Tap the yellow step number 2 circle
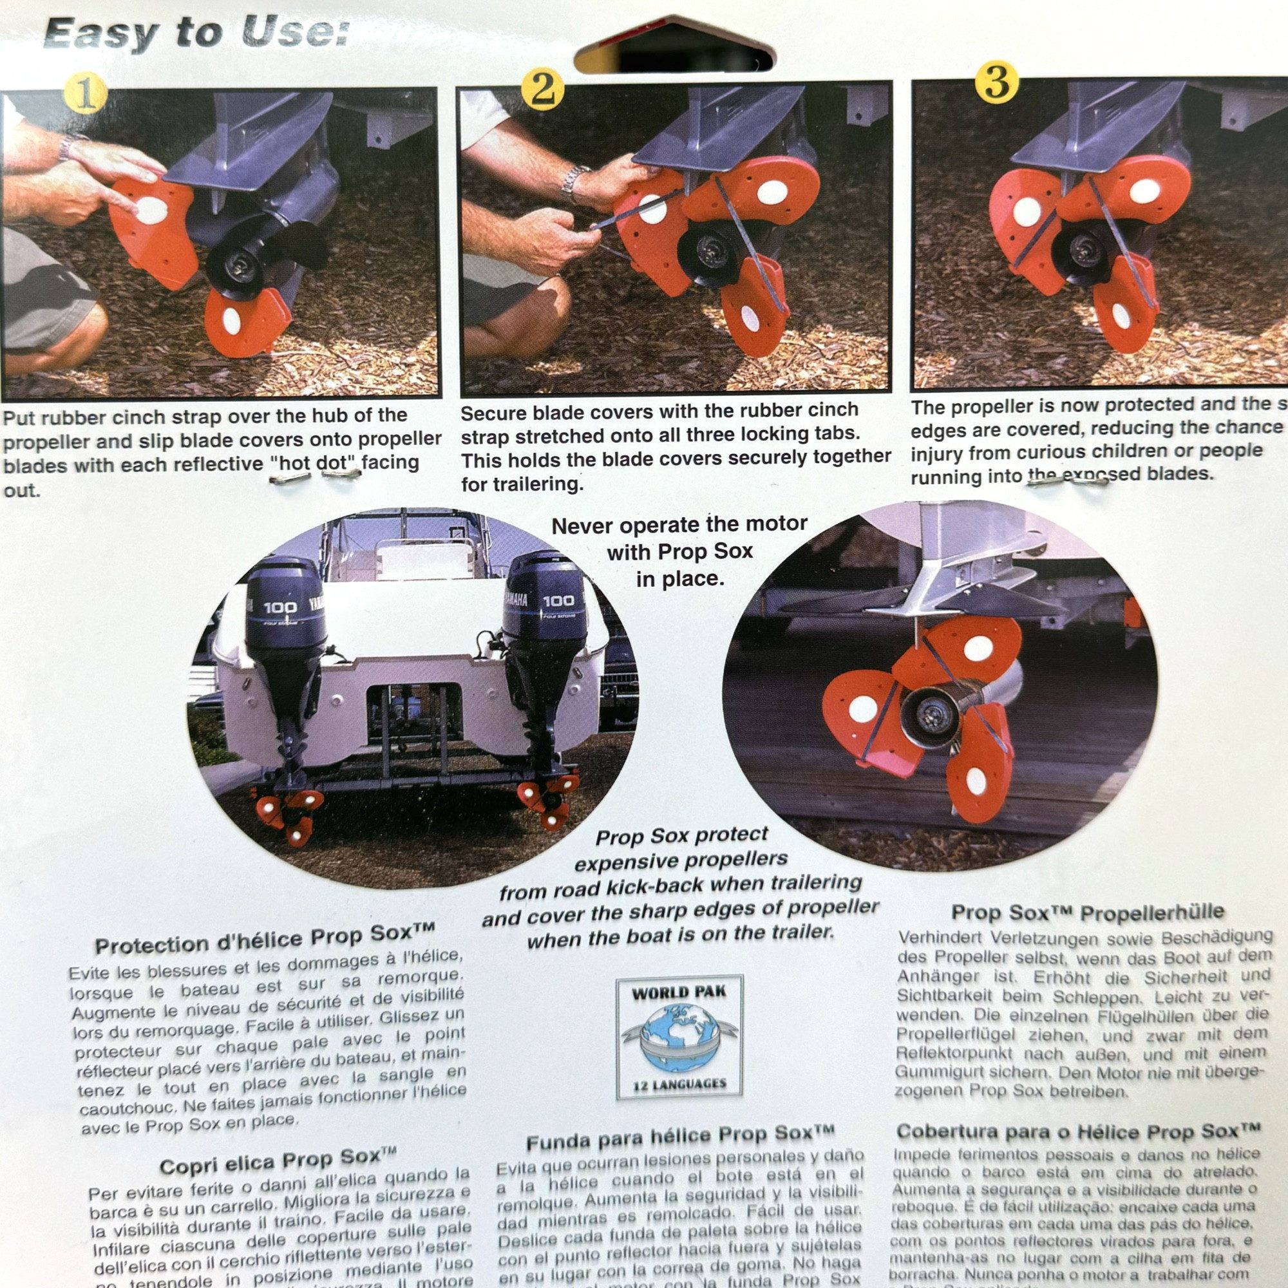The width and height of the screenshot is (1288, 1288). [542, 89]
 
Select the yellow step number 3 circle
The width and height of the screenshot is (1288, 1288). [997, 83]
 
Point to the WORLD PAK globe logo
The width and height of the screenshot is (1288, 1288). [679, 1038]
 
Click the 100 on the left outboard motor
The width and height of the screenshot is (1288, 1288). [280, 607]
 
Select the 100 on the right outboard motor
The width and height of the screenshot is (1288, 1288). [557, 601]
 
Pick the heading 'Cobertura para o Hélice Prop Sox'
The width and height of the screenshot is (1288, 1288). [1078, 1132]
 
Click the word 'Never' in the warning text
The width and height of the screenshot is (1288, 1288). [582, 527]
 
